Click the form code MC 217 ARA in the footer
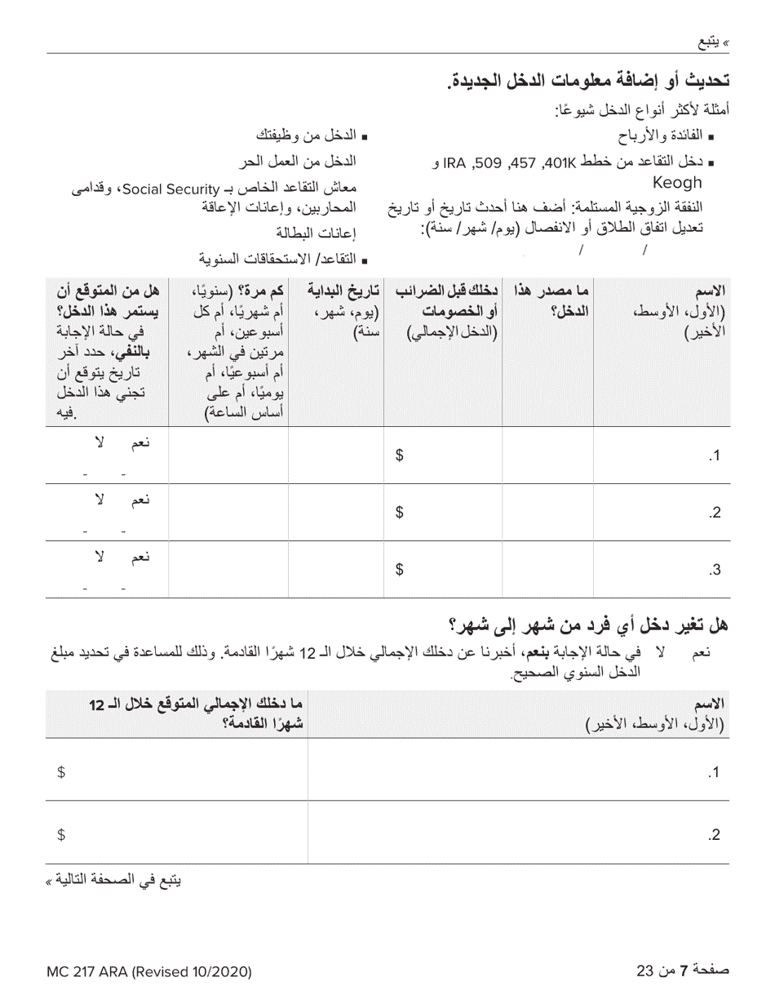point(148,971)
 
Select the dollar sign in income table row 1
point(400,456)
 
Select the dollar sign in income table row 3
point(400,571)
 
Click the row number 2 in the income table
point(715,513)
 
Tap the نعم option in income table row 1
point(141,442)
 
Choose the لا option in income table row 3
point(100,557)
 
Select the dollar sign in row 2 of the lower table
point(61,834)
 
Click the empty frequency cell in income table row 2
point(228,512)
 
